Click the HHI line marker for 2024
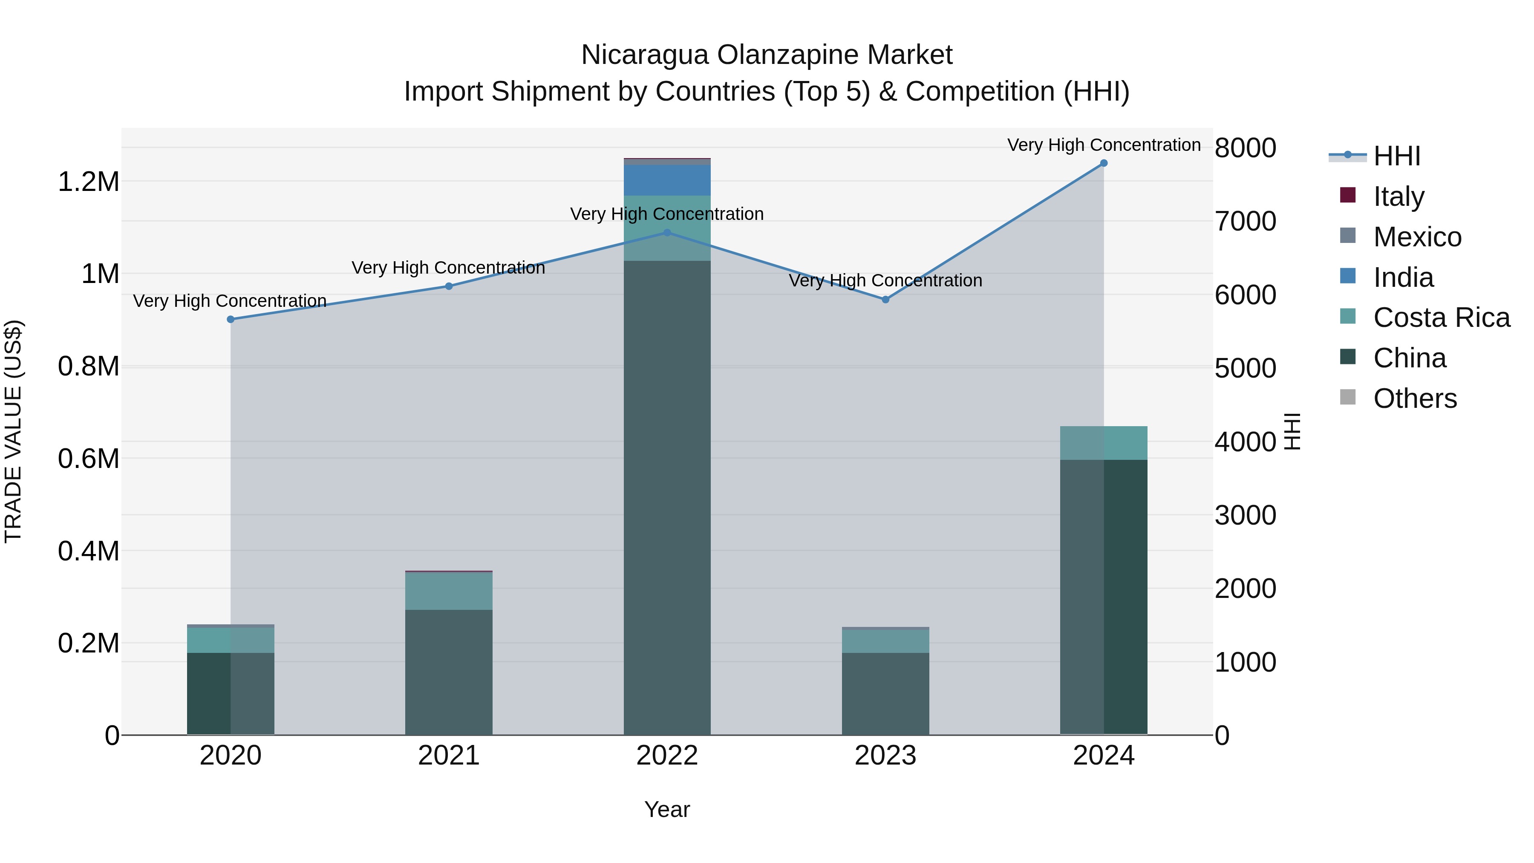[1104, 163]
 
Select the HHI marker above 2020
[231, 319]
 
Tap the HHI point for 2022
[667, 233]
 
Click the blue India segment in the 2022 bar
[667, 180]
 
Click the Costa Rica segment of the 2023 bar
[885, 641]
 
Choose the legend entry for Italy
[1398, 196]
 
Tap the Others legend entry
[1414, 398]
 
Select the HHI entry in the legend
[1396, 156]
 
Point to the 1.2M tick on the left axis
[89, 182]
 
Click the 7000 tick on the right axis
[1245, 222]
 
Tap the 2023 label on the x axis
[885, 756]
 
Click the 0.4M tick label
[89, 551]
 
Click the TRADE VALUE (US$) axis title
[13, 431]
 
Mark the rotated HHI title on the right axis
[1292, 431]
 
